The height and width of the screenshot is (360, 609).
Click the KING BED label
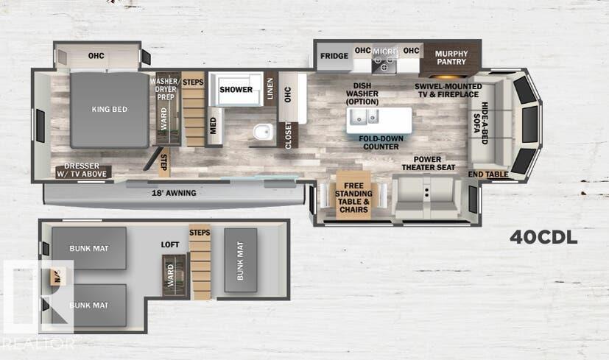pyautogui.click(x=109, y=110)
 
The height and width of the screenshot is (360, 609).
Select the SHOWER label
pyautogui.click(x=236, y=90)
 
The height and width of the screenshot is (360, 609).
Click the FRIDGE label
pyautogui.click(x=334, y=56)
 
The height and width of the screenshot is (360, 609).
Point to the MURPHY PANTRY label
pyautogui.click(x=451, y=58)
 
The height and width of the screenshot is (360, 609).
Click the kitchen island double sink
pyautogui.click(x=363, y=117)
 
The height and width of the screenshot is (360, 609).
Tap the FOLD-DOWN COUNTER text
pyautogui.click(x=381, y=142)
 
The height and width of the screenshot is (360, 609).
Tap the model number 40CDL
pyautogui.click(x=543, y=238)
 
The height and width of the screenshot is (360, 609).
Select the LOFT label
pyautogui.click(x=171, y=244)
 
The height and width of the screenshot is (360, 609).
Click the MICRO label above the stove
pyautogui.click(x=384, y=52)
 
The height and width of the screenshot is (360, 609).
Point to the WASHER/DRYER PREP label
pyautogui.click(x=165, y=90)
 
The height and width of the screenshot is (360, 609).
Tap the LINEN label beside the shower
pyautogui.click(x=270, y=89)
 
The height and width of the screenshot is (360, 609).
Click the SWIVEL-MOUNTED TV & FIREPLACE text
pyautogui.click(x=448, y=91)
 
